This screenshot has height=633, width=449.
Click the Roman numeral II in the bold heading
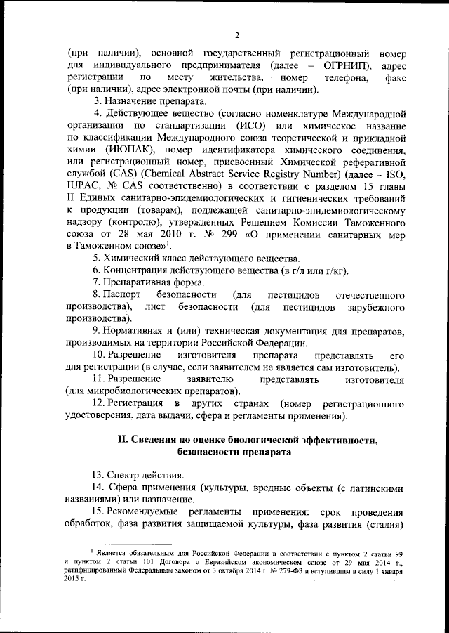(121, 441)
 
